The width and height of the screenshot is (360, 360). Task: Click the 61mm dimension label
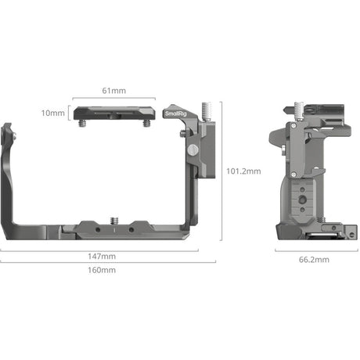click(114, 91)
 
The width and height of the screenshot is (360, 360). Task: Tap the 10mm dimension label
click(53, 113)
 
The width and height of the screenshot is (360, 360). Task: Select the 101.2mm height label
click(243, 171)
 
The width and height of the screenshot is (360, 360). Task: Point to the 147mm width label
click(102, 256)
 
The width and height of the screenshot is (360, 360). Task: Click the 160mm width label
click(102, 270)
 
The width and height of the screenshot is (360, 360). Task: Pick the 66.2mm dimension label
click(314, 260)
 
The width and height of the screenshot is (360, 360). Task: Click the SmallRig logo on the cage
click(175, 113)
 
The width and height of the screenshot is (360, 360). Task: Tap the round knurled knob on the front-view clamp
click(193, 149)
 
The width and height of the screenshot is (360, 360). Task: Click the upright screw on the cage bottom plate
click(114, 221)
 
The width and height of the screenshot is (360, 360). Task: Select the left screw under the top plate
click(83, 123)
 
